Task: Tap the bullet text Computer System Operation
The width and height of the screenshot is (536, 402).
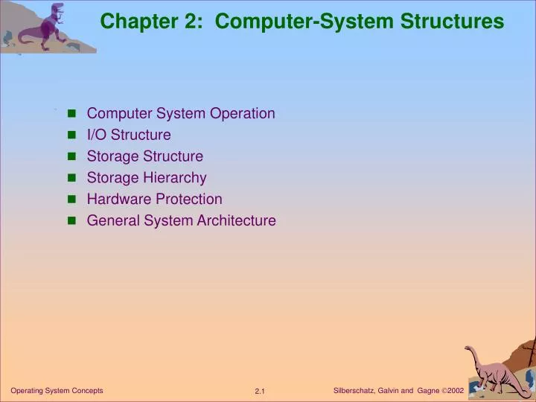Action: [181, 113]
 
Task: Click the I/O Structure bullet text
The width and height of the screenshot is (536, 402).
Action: [129, 135]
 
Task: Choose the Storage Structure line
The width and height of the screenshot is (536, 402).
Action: [144, 156]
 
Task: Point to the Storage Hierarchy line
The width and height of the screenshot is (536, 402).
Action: [147, 178]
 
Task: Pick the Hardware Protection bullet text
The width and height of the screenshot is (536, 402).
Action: [154, 200]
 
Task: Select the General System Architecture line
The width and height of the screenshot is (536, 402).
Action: [181, 221]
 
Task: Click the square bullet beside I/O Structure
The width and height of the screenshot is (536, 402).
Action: [72, 135]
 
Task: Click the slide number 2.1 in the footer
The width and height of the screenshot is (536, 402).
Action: [260, 392]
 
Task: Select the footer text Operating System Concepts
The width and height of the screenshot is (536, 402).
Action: [57, 391]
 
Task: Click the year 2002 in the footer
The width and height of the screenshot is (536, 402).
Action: [456, 391]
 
